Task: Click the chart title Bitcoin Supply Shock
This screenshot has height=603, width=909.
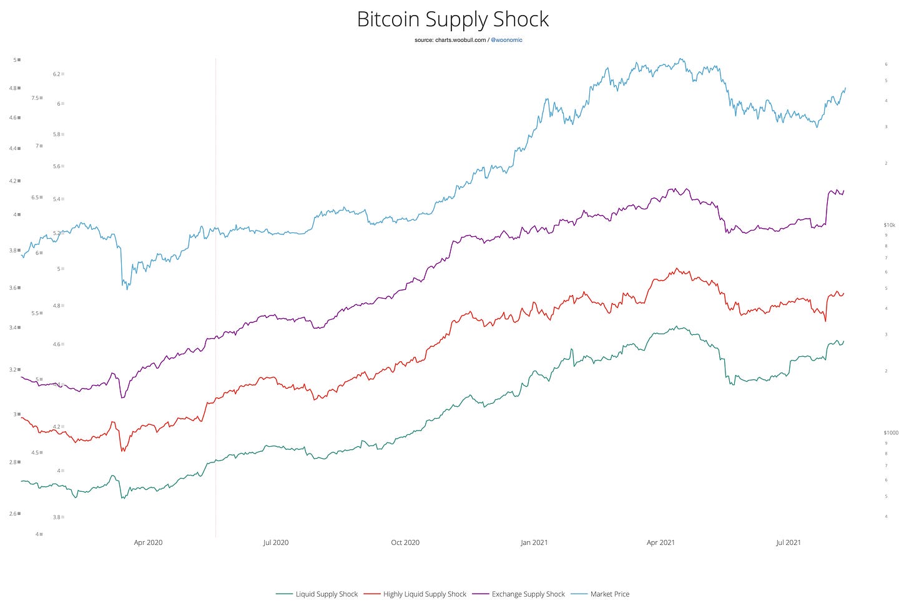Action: (453, 19)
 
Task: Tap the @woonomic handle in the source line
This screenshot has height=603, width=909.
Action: (506, 40)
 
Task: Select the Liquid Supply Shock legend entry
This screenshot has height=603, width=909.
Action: (326, 594)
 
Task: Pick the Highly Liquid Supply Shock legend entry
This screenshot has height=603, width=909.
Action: (425, 594)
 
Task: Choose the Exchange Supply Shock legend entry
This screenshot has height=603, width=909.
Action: (528, 594)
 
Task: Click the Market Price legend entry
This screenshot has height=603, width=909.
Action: (609, 594)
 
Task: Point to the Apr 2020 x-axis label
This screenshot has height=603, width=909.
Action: (148, 542)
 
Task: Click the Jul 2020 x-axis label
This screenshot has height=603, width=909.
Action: (275, 542)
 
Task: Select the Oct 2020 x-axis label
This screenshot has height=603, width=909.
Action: (405, 542)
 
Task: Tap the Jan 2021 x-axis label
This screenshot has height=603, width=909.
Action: (534, 542)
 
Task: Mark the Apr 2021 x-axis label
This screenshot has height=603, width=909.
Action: (661, 542)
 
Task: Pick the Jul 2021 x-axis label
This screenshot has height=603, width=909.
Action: (788, 542)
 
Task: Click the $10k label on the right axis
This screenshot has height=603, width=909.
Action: (889, 225)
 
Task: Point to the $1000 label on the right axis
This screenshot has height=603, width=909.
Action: (890, 432)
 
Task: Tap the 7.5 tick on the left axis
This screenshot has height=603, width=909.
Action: (36, 98)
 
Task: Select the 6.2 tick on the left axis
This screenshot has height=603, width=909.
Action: (57, 74)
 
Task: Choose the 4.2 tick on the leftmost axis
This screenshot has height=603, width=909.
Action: (12, 181)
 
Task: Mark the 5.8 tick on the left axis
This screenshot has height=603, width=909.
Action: (57, 134)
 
